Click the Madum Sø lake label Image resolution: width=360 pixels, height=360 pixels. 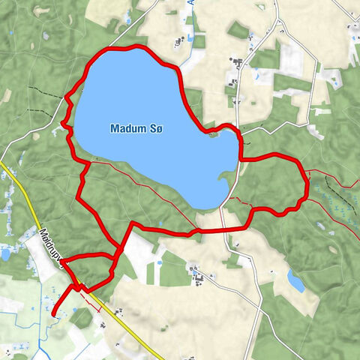click(136, 129)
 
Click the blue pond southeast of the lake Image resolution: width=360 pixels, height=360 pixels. click(296, 282)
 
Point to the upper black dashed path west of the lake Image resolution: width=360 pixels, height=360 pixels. click(46, 94)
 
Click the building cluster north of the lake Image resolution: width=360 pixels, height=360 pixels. click(181, 42)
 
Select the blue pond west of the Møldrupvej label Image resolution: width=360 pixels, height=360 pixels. click(6, 253)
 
